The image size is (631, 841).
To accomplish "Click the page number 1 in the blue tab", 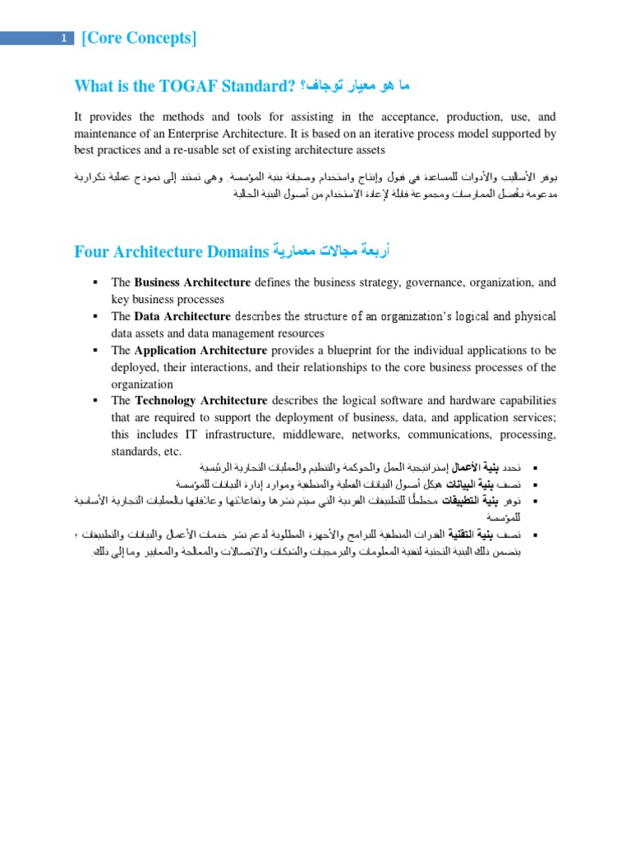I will click(63, 39).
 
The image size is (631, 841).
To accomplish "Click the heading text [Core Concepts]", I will click(139, 39).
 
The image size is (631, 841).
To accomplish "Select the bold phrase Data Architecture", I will click(182, 316).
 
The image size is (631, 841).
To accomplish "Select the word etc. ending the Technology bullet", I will click(171, 452).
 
